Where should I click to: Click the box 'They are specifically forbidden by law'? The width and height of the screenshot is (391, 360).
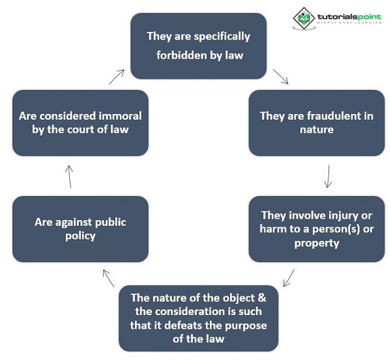199,46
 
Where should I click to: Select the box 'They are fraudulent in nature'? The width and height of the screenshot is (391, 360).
316,123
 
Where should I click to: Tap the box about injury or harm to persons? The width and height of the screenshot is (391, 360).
316,228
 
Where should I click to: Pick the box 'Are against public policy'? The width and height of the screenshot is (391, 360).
80,228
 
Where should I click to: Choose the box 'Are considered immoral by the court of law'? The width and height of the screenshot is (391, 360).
80,123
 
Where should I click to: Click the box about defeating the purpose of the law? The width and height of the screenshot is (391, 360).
199,318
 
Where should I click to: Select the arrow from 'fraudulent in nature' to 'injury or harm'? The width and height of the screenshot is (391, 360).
328,176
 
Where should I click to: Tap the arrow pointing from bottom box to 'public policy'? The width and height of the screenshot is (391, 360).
108,278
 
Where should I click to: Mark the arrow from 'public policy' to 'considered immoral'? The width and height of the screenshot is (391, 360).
70,176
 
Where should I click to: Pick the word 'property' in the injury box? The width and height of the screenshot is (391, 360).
316,243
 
